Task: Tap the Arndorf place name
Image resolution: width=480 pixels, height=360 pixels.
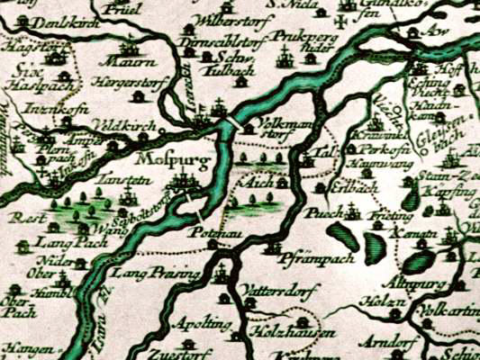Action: point(377,341)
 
